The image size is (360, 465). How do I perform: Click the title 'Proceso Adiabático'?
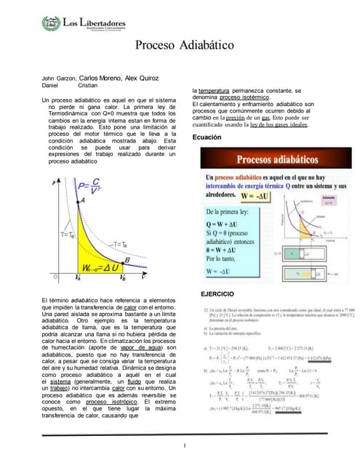180,46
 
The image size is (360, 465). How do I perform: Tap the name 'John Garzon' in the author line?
58,77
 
